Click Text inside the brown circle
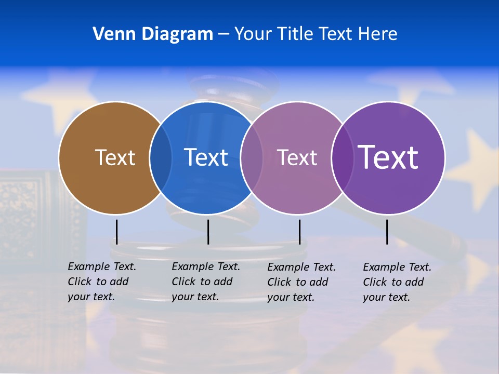[x=115, y=157]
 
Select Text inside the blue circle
[x=206, y=157]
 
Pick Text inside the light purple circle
[x=297, y=157]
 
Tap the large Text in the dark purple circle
[x=388, y=157]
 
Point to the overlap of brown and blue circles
[x=161, y=157]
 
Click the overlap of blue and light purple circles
[x=252, y=157]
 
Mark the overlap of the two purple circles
[x=342, y=157]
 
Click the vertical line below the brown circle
[x=117, y=232]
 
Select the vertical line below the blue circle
[x=208, y=232]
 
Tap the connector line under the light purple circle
[x=299, y=232]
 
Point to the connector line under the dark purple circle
[x=387, y=232]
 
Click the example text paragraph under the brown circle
[x=101, y=282]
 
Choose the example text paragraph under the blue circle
[x=205, y=282]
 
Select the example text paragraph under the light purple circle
[x=301, y=282]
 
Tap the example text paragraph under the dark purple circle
[x=397, y=282]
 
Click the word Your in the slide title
[x=254, y=34]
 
